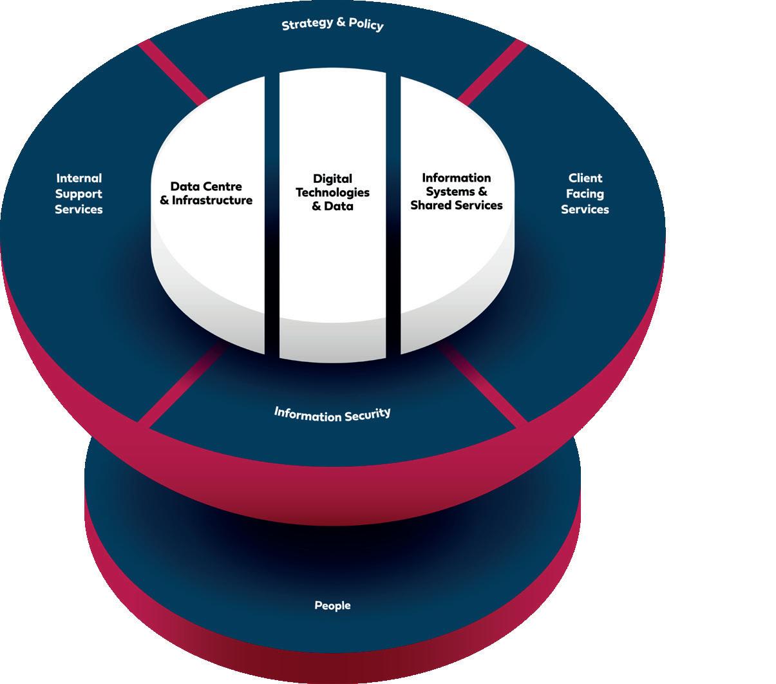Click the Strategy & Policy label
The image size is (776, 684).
click(332, 24)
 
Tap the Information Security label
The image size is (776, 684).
click(332, 413)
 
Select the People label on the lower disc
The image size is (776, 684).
click(332, 605)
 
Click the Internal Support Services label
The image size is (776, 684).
click(79, 194)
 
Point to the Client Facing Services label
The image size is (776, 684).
click(585, 194)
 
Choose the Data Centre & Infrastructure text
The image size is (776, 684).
click(206, 193)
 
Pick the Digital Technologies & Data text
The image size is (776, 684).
click(332, 193)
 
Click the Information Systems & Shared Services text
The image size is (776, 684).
click(457, 191)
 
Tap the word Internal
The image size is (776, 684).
click(79, 178)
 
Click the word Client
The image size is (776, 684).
click(585, 178)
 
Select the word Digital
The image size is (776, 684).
click(332, 178)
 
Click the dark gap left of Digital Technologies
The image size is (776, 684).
click(272, 213)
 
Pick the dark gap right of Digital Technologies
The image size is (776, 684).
click(393, 213)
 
